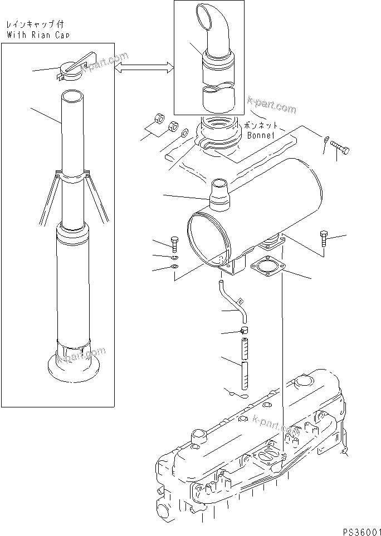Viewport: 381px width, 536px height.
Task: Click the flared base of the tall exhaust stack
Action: [x=73, y=365]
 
